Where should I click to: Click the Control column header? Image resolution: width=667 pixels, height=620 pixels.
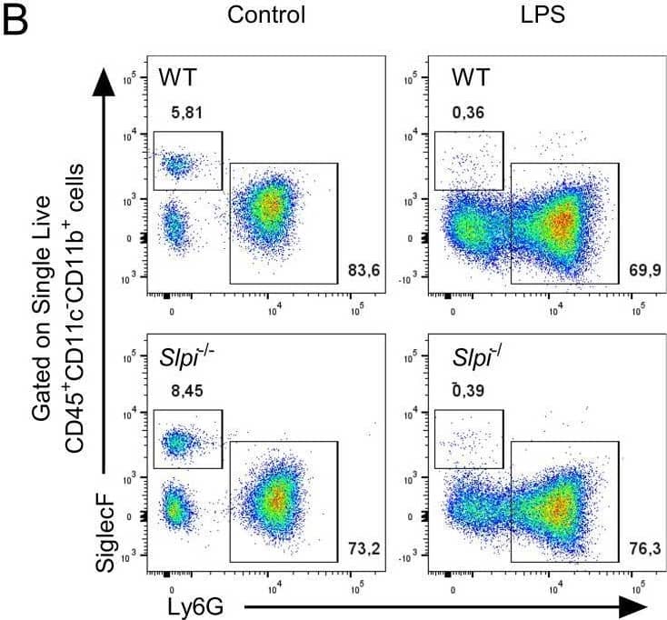pyautogui.click(x=266, y=15)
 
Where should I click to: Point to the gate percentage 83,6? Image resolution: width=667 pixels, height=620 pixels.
pyautogui.click(x=363, y=270)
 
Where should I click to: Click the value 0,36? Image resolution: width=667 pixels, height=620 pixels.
pyautogui.click(x=466, y=113)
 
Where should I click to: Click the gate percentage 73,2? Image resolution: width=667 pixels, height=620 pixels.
pyautogui.click(x=363, y=547)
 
